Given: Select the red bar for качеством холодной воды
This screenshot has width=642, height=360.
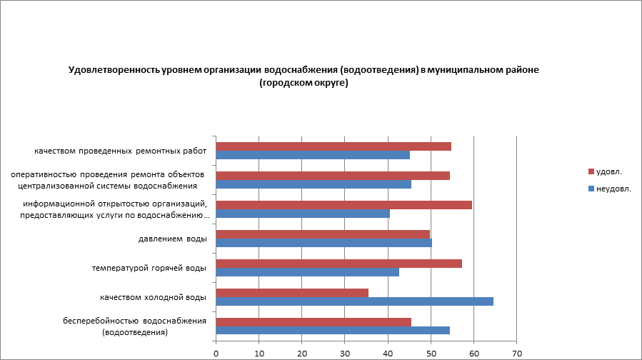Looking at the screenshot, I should [x=291, y=292].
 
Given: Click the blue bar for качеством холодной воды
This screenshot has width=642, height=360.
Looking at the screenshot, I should [x=354, y=301].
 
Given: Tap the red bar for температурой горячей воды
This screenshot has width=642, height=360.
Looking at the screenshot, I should [x=338, y=263].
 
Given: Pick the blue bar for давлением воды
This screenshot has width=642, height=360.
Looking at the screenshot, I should [x=323, y=242].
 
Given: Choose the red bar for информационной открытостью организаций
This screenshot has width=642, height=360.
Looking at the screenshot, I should [x=343, y=205].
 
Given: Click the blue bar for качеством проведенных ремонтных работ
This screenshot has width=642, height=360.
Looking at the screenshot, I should [x=313, y=155].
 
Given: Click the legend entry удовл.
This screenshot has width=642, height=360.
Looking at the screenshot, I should [x=609, y=171].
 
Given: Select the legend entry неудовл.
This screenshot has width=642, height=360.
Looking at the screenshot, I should [x=613, y=189].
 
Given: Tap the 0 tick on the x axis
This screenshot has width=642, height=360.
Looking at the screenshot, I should [x=216, y=353].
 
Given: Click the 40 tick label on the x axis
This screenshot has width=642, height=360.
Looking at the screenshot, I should [x=388, y=353].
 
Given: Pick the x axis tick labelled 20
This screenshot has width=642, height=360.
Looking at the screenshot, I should [x=302, y=353].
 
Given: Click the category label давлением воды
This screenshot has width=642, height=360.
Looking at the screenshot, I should [x=172, y=239].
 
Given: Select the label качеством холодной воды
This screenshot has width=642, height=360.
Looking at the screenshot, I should [x=153, y=296].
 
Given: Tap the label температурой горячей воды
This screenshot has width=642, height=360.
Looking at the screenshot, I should [x=149, y=268].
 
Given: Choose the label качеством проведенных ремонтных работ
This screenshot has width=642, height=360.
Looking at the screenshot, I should [x=121, y=151].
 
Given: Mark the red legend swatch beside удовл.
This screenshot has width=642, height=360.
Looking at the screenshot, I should [x=591, y=171].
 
